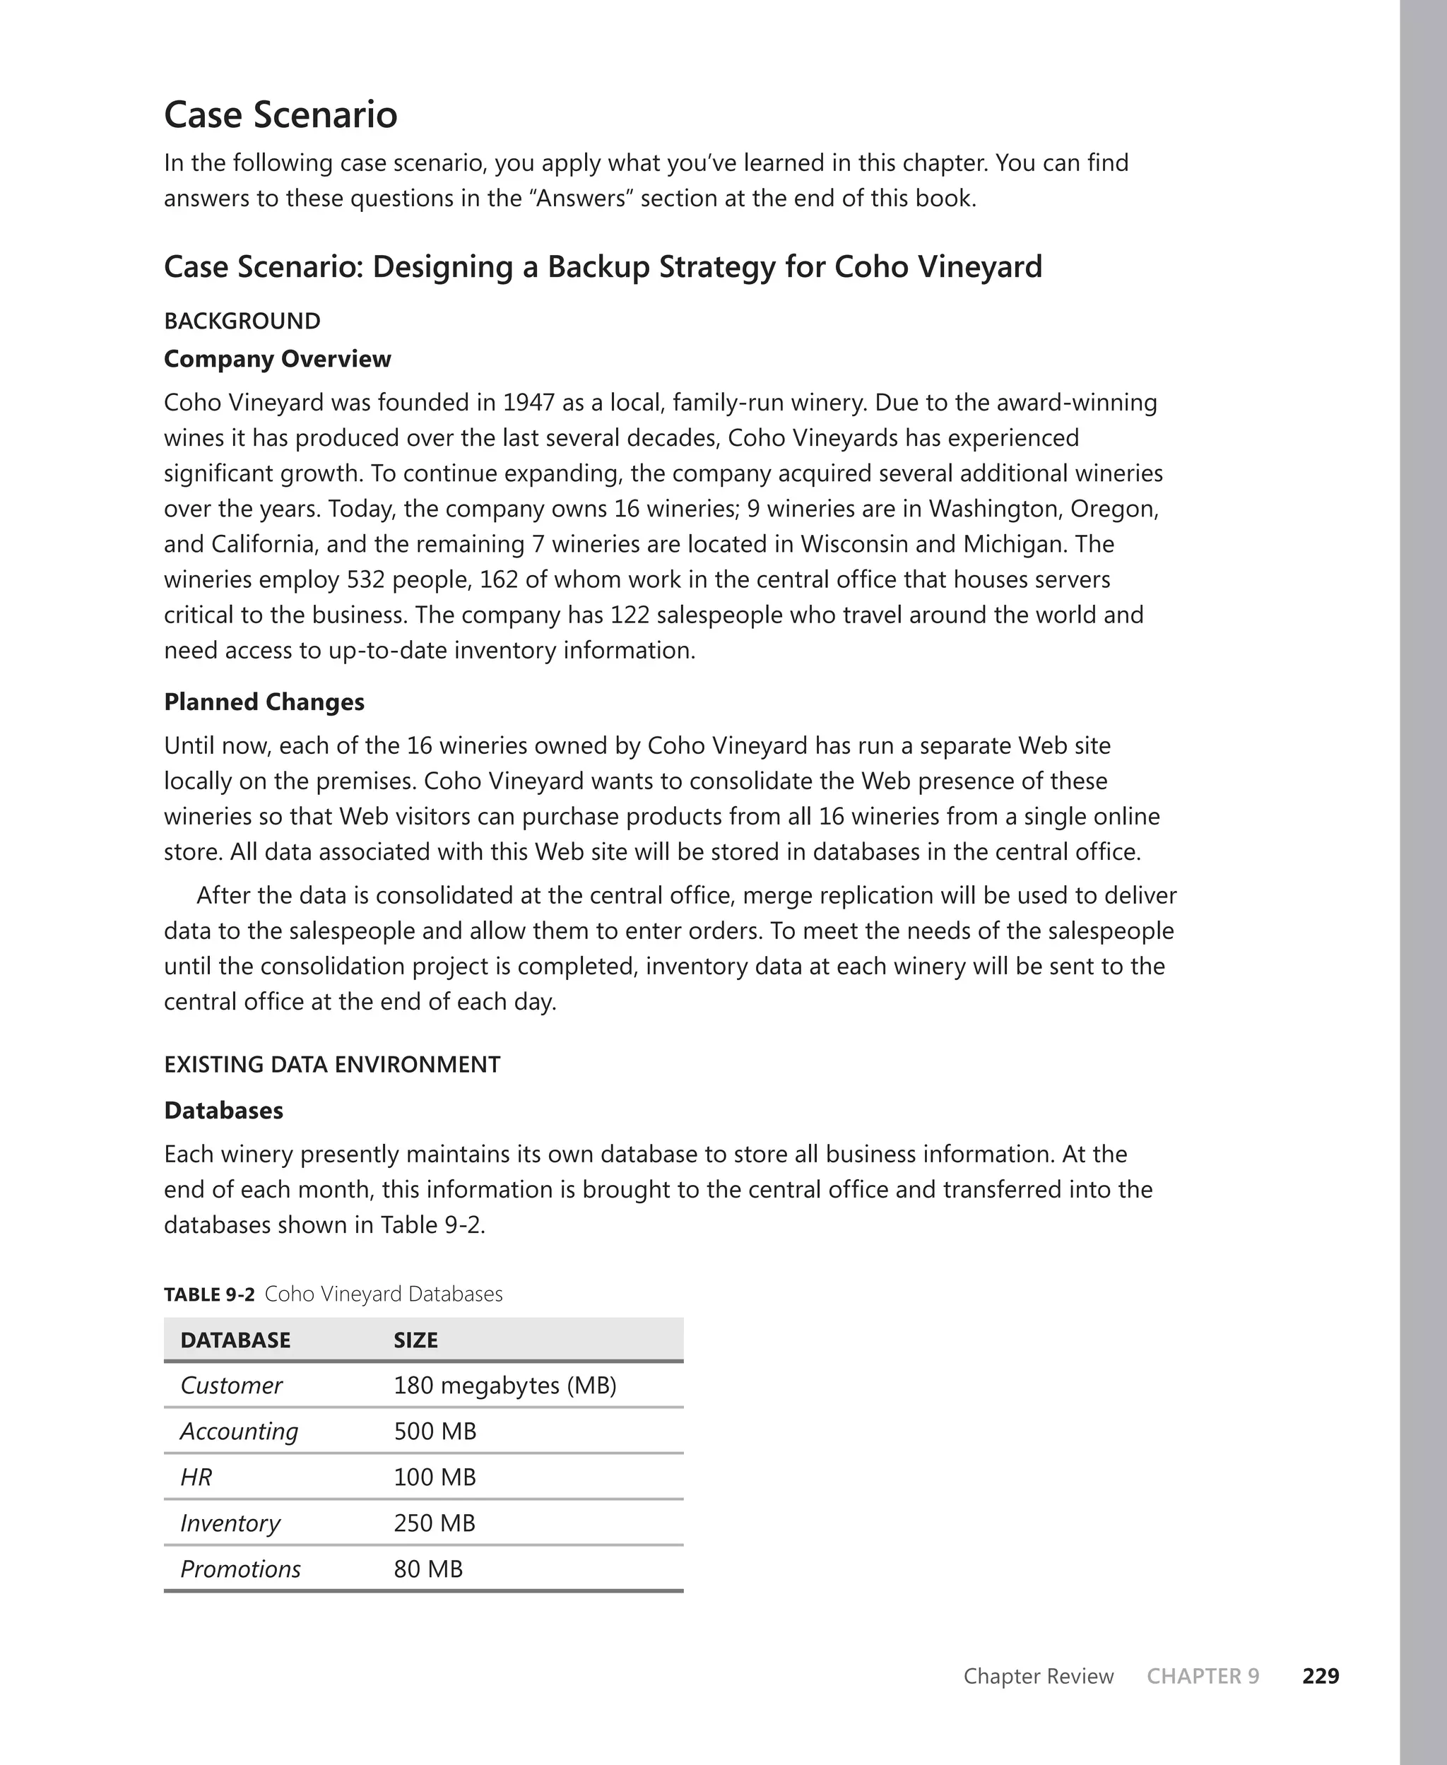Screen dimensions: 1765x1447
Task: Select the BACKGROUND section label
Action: coord(242,321)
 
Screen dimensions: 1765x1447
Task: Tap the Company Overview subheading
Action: coord(277,359)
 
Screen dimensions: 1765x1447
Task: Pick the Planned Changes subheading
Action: coord(264,702)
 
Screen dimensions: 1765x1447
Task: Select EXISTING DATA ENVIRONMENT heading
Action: coord(332,1064)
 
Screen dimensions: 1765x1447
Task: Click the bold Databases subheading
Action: coord(223,1110)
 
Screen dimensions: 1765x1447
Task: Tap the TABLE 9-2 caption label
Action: coord(208,1294)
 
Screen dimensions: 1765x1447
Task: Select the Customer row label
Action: coord(231,1386)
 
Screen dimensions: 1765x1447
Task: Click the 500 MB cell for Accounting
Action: coord(435,1432)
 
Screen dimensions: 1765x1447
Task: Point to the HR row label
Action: coord(196,1477)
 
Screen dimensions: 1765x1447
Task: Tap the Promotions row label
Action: coord(240,1569)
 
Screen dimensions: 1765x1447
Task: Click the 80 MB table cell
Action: coord(427,1569)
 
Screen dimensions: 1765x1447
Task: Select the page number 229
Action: coord(1321,1676)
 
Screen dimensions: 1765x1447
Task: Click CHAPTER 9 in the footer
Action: coord(1203,1676)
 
